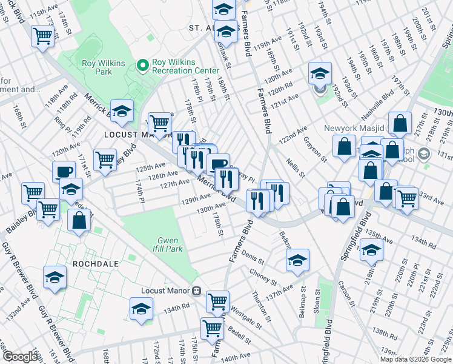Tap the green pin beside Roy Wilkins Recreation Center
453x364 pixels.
pyautogui.click(x=144, y=65)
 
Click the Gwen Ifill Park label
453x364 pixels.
pyautogui.click(x=169, y=244)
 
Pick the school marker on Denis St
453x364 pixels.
pyautogui.click(x=297, y=260)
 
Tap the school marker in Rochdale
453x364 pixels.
pyautogui.click(x=55, y=277)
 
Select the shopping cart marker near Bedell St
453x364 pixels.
pyautogui.click(x=212, y=328)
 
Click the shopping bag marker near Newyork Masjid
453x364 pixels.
pyautogui.click(x=344, y=146)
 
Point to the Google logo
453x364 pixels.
pyautogui.click(x=20, y=357)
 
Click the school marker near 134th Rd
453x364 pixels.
pyautogui.click(x=141, y=309)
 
